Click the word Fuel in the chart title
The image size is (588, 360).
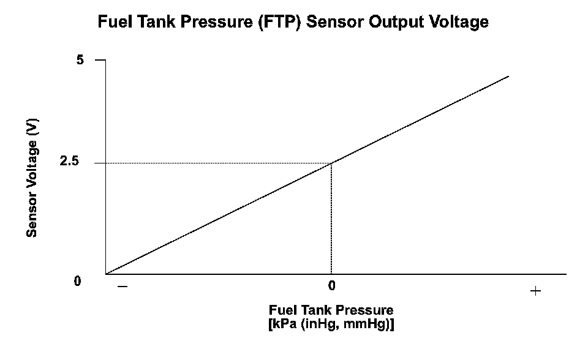point(114,23)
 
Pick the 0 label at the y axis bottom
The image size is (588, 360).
point(77,281)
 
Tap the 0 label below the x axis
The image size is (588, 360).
point(331,286)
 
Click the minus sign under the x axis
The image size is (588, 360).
point(123,287)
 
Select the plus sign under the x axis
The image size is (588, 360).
point(535,291)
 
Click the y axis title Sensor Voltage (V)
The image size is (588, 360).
point(32,177)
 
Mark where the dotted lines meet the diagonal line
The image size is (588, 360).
point(331,163)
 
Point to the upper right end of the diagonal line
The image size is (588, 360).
point(508,77)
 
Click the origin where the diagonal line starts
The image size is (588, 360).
point(107,274)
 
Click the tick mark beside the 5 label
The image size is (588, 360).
point(100,60)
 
